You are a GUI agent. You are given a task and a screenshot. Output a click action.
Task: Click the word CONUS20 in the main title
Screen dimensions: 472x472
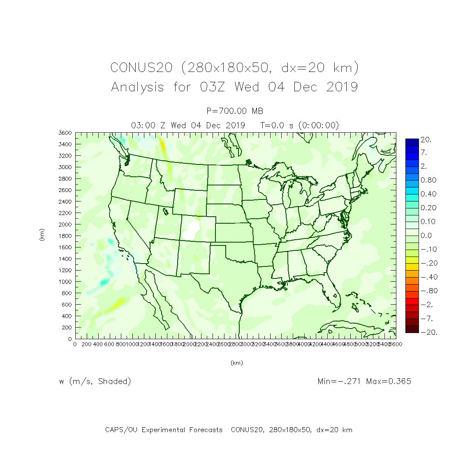[141, 67]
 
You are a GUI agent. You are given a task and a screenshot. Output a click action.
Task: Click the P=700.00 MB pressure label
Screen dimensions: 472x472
[235, 111]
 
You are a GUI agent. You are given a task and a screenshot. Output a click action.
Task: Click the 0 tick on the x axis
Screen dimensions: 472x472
[75, 344]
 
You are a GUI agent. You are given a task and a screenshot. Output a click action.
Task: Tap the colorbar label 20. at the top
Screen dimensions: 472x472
[426, 140]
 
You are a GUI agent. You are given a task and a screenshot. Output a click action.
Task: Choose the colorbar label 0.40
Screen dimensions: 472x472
[428, 194]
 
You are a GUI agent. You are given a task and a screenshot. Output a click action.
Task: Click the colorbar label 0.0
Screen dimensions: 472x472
[426, 236]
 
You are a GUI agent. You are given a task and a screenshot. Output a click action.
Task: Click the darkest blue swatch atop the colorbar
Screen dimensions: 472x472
[412, 142]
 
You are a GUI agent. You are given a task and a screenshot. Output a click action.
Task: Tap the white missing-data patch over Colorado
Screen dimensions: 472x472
[191, 230]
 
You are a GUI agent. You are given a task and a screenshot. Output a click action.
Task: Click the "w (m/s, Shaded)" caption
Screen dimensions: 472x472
[95, 381]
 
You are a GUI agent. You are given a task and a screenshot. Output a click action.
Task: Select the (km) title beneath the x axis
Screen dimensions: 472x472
[236, 363]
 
